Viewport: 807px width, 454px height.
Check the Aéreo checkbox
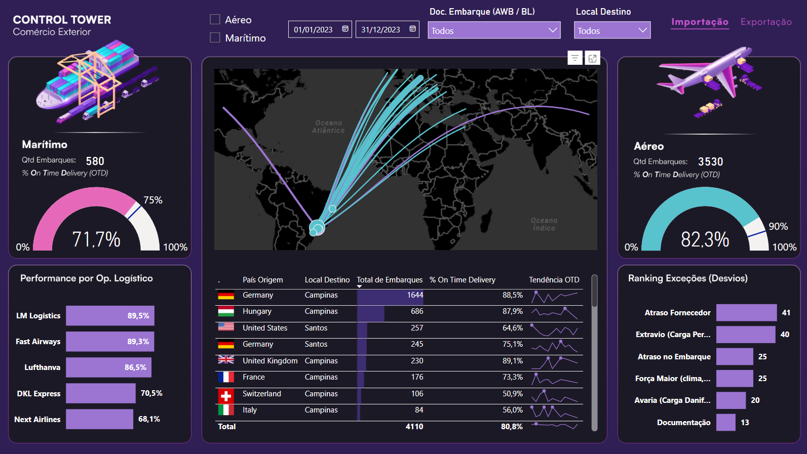point(215,20)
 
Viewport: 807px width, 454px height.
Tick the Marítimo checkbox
point(215,38)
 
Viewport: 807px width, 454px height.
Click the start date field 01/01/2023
point(314,30)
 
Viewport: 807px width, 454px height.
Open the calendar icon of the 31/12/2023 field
point(412,29)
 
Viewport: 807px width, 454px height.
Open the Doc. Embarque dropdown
point(494,30)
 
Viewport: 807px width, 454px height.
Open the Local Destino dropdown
point(612,30)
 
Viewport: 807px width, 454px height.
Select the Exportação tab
point(766,22)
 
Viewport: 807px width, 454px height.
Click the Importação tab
point(700,22)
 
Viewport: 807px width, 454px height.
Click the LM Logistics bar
point(110,316)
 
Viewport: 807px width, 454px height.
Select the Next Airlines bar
point(99,419)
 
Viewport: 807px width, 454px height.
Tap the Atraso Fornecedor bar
point(746,313)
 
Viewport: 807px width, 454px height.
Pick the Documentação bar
point(725,423)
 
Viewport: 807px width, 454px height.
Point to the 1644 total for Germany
point(415,295)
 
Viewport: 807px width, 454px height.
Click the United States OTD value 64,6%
point(512,328)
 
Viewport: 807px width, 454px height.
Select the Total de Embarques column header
point(390,280)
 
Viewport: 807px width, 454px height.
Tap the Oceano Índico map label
point(544,224)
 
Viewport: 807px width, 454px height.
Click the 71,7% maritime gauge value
point(96,239)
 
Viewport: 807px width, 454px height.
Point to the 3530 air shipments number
point(710,162)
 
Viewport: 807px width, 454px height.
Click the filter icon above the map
point(574,58)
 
